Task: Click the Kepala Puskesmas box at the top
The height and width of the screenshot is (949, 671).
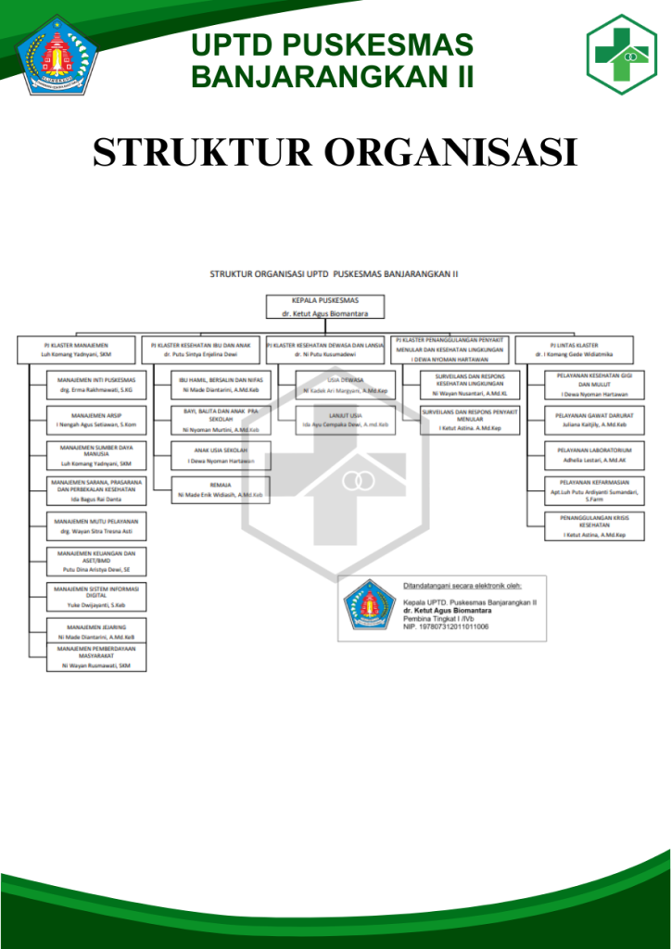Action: pyautogui.click(x=325, y=308)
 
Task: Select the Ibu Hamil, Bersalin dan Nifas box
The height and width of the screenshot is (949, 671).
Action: pyautogui.click(x=221, y=385)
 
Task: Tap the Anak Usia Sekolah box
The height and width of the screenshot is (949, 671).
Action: pyautogui.click(x=221, y=455)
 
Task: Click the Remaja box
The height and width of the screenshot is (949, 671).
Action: pyautogui.click(x=221, y=490)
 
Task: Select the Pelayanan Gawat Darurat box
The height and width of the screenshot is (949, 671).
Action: pyautogui.click(x=594, y=420)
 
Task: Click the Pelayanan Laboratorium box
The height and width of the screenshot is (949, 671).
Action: pyautogui.click(x=594, y=454)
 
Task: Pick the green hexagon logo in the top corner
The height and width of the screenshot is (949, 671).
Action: pyautogui.click(x=621, y=55)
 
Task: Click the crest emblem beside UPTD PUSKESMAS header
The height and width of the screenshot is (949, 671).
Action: pyautogui.click(x=58, y=55)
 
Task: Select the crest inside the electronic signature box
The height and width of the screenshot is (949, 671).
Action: pyautogui.click(x=370, y=605)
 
